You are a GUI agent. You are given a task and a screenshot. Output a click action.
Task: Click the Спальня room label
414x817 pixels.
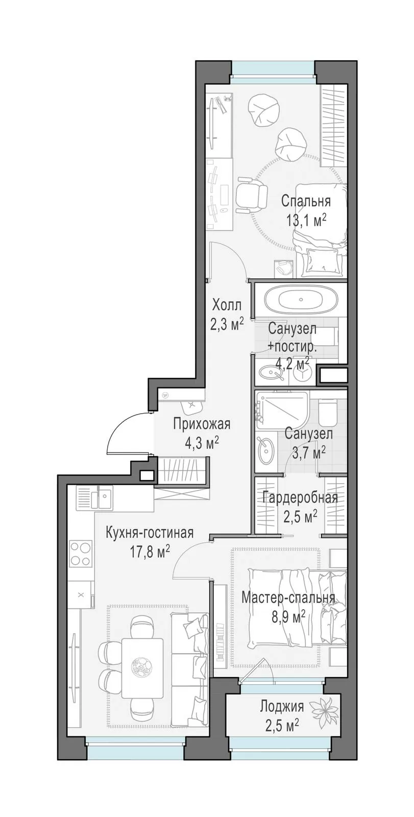click(306, 201)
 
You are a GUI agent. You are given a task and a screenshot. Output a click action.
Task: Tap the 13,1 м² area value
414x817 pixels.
click(306, 220)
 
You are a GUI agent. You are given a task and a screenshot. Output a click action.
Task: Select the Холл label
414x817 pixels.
click(227, 304)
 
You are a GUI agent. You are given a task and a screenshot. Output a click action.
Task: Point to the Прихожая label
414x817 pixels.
click(202, 424)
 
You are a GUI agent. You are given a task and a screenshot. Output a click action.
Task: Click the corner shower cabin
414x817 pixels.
click(281, 409)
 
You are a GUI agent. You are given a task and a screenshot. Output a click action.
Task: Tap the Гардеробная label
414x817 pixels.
click(300, 497)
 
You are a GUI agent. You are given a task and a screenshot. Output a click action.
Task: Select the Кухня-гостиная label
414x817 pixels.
click(149, 533)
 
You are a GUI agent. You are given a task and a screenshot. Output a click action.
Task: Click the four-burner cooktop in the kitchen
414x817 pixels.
click(81, 554)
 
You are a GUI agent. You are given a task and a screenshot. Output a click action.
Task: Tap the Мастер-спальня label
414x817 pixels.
click(288, 598)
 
